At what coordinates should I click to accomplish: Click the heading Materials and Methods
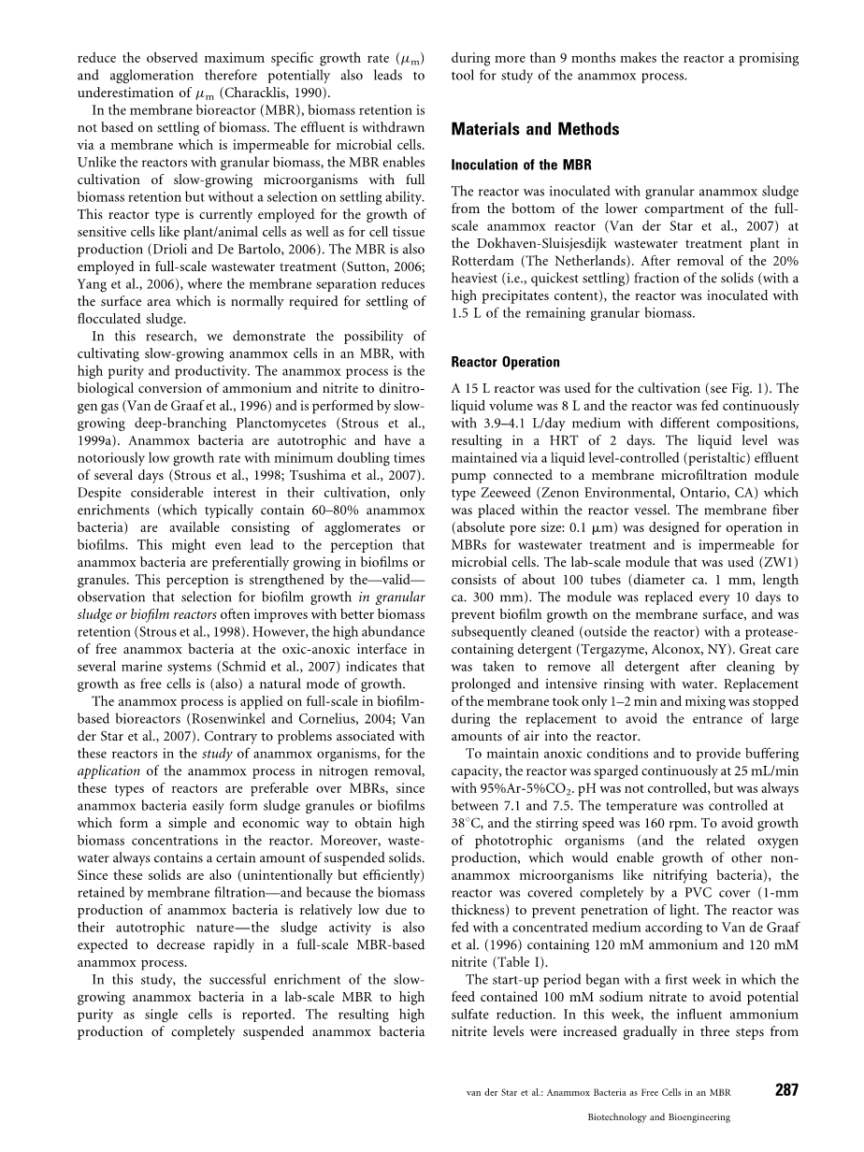pyautogui.click(x=535, y=130)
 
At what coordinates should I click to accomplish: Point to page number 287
pyautogui.click(x=787, y=1090)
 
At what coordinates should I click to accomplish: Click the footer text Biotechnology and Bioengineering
pyautogui.click(x=658, y=1116)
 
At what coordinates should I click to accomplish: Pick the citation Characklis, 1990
pyautogui.click(x=276, y=92)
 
